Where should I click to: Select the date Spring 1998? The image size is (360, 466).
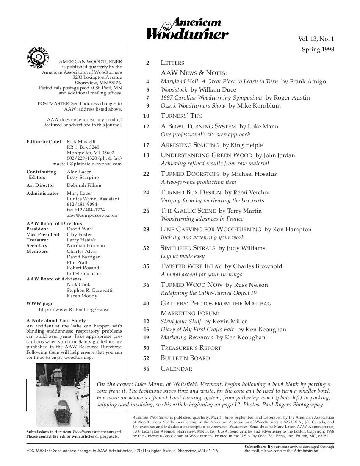coord(318,50)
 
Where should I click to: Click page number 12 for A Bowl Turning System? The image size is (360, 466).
coord(147,127)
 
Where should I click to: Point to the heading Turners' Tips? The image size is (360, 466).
coord(181,116)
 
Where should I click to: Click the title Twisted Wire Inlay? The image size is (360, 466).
coord(191,266)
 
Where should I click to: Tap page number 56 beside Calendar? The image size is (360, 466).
coord(147,369)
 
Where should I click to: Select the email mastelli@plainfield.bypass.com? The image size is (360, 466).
coord(87,164)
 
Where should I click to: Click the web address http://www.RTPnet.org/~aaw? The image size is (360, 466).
coord(74,310)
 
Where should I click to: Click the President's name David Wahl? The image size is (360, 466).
coord(80,229)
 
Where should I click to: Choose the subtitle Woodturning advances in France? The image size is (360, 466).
coord(202,219)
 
